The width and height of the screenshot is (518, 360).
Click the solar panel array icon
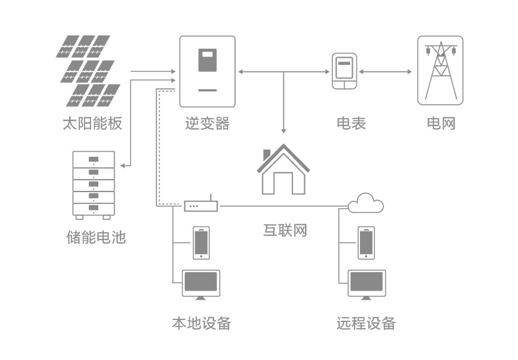click(x=88, y=71)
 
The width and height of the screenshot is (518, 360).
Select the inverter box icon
click(x=207, y=71)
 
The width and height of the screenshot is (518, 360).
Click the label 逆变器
click(x=207, y=123)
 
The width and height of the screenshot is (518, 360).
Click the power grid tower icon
click(x=440, y=71)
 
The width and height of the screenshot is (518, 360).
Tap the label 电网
click(x=441, y=123)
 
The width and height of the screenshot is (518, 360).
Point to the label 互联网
click(x=285, y=230)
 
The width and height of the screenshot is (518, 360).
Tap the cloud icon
click(x=366, y=204)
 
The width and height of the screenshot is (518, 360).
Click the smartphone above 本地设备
click(x=201, y=243)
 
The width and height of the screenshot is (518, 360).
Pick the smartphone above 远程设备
click(x=367, y=243)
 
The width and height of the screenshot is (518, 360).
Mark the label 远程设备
click(x=366, y=323)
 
